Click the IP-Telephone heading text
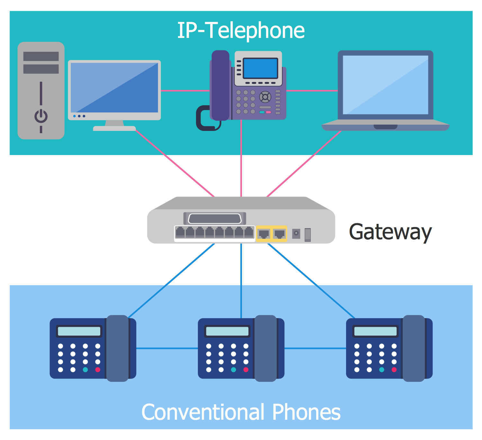[x=241, y=31]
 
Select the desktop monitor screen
[x=114, y=87]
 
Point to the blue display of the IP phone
[x=260, y=68]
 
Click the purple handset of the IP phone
[x=220, y=85]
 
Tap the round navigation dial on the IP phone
[x=265, y=96]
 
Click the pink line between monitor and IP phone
[x=185, y=91]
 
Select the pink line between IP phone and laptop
[x=312, y=91]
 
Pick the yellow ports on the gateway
[x=272, y=234]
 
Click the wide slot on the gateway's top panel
[x=215, y=219]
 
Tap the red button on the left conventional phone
[x=98, y=370]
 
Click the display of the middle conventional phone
[x=227, y=331]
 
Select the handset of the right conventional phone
[x=414, y=348]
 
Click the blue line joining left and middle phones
[x=167, y=348]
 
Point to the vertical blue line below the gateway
[x=241, y=280]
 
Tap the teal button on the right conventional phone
[x=381, y=370]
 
